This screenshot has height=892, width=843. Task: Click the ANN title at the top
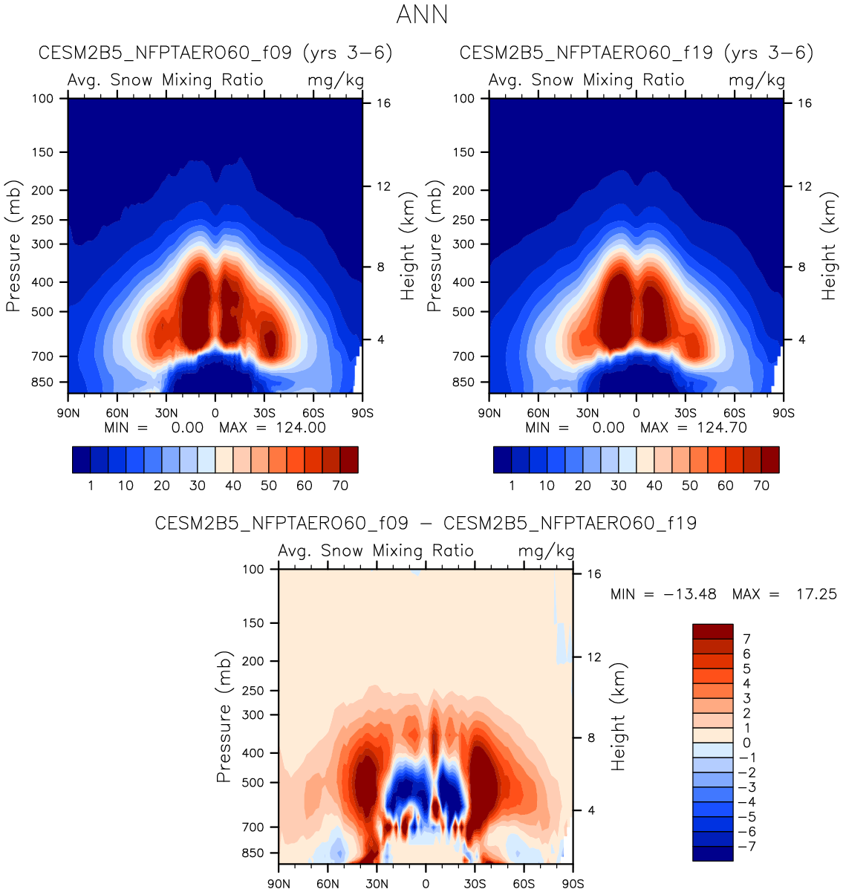pyautogui.click(x=422, y=15)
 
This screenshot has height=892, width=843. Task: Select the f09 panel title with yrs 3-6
pyautogui.click(x=215, y=53)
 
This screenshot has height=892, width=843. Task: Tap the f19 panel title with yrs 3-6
pyautogui.click(x=637, y=53)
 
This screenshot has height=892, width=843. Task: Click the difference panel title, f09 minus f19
pyautogui.click(x=426, y=523)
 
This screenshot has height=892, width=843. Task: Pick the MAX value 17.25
pyautogui.click(x=816, y=594)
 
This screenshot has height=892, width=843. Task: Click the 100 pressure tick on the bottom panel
pyautogui.click(x=253, y=569)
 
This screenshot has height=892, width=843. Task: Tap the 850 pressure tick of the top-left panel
pyautogui.click(x=43, y=382)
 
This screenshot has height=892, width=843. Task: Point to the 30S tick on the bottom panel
pyautogui.click(x=475, y=884)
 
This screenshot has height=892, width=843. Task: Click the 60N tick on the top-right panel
pyautogui.click(x=538, y=413)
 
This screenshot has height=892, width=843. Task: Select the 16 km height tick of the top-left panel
pyautogui.click(x=383, y=103)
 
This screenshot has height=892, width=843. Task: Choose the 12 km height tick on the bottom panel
pyautogui.click(x=593, y=657)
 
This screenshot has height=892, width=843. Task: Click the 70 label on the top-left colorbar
pyautogui.click(x=340, y=486)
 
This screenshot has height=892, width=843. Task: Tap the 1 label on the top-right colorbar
pyautogui.click(x=512, y=486)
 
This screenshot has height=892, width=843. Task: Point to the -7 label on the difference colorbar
pyautogui.click(x=744, y=847)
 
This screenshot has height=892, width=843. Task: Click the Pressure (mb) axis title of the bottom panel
pyautogui.click(x=224, y=717)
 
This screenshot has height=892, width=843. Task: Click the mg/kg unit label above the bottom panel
pyautogui.click(x=546, y=551)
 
